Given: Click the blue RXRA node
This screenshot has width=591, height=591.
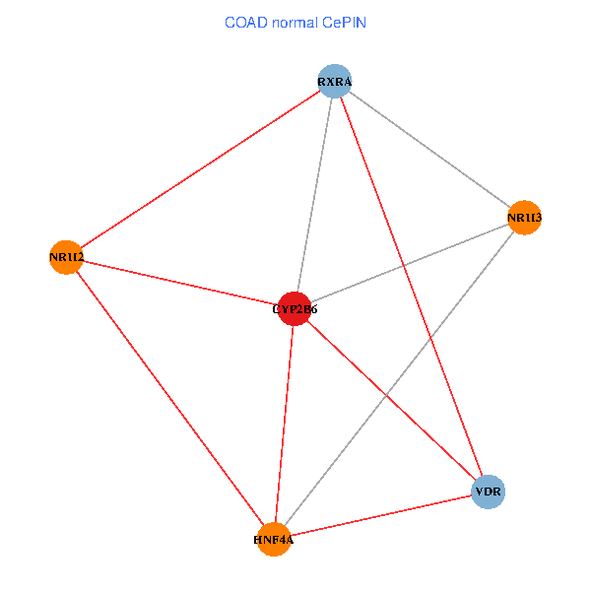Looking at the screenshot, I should [x=335, y=81].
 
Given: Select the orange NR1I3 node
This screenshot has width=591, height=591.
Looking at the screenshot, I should [x=525, y=217].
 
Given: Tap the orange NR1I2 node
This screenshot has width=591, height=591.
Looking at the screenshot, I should [x=66, y=258].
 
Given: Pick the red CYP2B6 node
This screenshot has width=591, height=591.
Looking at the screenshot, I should [x=295, y=308].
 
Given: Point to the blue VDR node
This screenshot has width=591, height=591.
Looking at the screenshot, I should [x=489, y=491].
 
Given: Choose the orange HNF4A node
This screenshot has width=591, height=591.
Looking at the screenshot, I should [x=274, y=539].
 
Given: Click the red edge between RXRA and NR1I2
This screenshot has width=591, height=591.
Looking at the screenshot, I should [x=200, y=169].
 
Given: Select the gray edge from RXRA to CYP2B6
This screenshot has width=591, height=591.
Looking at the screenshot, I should [x=315, y=194].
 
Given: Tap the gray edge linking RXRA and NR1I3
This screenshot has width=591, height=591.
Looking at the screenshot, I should [x=429, y=149].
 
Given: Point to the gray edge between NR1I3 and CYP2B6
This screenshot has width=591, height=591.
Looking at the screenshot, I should [x=410, y=263].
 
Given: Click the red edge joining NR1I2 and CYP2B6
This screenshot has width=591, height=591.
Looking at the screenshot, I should [x=180, y=283].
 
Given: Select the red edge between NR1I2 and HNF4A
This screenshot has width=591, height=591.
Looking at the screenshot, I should [x=169, y=398].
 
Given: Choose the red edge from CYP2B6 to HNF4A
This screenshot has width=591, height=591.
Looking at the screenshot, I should [x=285, y=424].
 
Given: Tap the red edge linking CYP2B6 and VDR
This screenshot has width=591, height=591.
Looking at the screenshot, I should [x=391, y=399].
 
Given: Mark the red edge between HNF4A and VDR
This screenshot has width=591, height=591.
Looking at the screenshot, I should [x=381, y=515].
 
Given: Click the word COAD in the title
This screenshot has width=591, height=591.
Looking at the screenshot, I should [x=244, y=22].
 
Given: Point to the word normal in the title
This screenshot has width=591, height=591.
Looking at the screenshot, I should [x=295, y=22].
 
